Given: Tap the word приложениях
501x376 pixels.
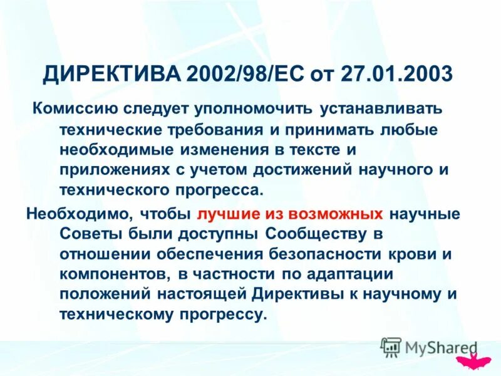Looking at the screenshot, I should (108, 170).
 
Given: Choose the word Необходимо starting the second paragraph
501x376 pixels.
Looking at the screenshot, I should (76, 214).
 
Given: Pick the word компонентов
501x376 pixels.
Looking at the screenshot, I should (107, 275).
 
